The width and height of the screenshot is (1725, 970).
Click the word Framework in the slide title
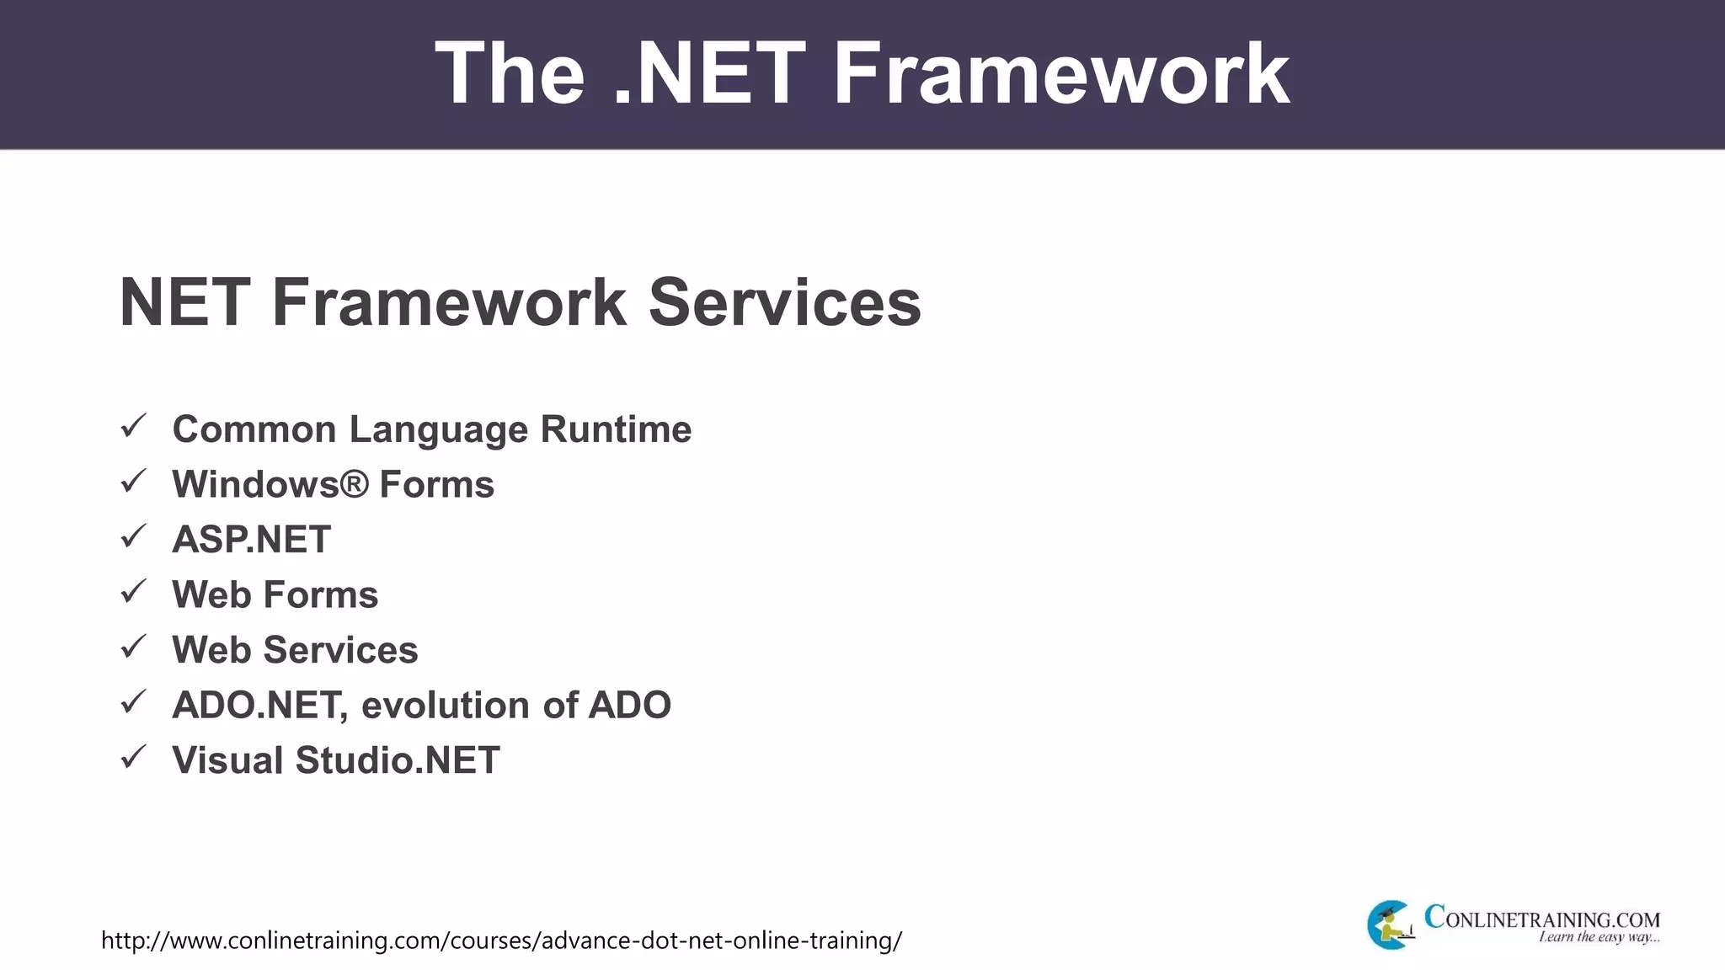tap(1060, 74)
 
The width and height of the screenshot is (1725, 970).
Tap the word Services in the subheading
tap(784, 302)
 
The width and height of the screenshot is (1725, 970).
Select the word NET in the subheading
tap(184, 302)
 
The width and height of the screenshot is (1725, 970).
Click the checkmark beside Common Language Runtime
tap(134, 426)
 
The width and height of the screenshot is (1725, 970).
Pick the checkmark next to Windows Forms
tap(134, 482)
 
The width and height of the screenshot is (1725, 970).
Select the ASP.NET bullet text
tap(251, 540)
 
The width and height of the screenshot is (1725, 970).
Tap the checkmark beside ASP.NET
tap(134, 536)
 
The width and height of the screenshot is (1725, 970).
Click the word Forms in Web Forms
tap(321, 595)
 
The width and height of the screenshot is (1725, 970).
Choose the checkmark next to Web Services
tap(134, 647)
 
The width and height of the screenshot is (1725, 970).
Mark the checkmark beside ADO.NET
tap(134, 702)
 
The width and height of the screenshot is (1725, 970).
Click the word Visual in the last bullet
tap(227, 760)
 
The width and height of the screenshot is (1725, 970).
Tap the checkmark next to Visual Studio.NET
tap(134, 757)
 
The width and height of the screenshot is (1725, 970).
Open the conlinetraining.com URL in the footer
tap(501, 941)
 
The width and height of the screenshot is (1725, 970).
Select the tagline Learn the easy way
tap(1599, 937)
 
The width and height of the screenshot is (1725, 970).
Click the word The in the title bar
tap(510, 74)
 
